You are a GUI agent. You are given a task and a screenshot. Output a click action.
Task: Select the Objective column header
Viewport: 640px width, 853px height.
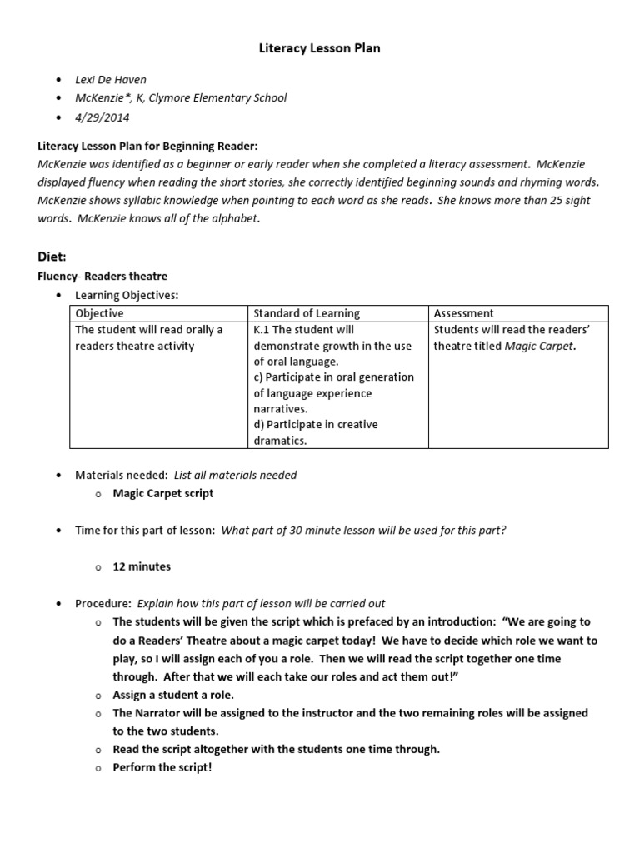point(99,313)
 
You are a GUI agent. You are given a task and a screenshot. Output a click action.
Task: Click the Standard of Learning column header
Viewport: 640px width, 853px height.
point(307,313)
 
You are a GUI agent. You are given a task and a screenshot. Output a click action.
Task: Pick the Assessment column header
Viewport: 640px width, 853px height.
point(464,313)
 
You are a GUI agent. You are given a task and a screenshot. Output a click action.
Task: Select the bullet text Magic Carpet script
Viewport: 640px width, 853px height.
point(163,493)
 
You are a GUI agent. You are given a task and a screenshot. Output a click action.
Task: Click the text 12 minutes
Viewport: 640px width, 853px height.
point(142,566)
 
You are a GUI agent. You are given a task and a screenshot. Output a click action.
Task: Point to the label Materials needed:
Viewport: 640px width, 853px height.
point(122,475)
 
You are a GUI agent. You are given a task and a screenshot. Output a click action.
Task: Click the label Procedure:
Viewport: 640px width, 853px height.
point(103,603)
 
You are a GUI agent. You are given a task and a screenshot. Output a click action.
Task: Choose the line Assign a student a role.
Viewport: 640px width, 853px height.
point(173,695)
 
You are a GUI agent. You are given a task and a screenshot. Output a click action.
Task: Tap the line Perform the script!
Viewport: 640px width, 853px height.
point(162,766)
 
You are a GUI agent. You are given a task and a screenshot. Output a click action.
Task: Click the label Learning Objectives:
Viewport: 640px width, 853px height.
point(127,295)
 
